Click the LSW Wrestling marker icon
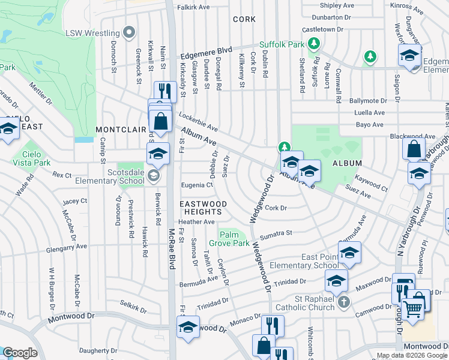click(x=127, y=31)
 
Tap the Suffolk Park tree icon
click(x=312, y=43)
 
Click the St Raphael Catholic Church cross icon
click(x=343, y=301)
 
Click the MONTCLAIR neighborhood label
click(x=121, y=130)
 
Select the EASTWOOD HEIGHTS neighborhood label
click(x=203, y=208)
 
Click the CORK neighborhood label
click(x=244, y=19)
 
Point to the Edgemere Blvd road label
click(x=206, y=52)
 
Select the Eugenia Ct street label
click(x=197, y=185)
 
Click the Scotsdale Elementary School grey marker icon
click(x=153, y=176)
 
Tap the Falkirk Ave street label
click(x=193, y=7)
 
